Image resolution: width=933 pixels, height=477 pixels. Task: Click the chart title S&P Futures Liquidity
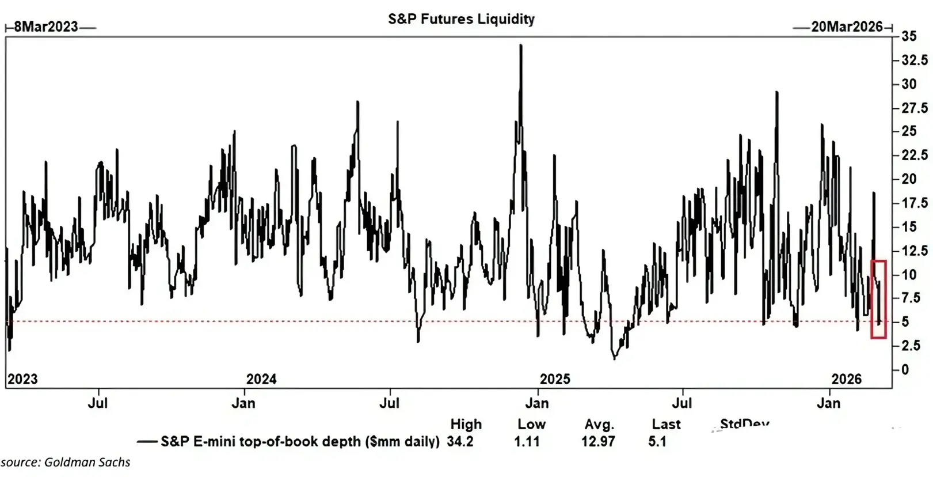pos(461,19)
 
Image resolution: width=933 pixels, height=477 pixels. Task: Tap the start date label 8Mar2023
pos(46,27)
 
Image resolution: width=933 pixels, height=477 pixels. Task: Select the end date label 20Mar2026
pos(847,27)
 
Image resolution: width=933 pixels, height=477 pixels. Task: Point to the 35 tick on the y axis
pos(909,36)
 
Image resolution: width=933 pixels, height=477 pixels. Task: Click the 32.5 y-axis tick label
pos(915,60)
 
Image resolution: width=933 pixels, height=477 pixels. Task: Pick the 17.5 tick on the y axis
pos(915,203)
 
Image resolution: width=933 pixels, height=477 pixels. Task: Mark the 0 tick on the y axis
pos(905,370)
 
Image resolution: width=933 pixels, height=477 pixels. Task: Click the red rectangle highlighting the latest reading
pos(878,299)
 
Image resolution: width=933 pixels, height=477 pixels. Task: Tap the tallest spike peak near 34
pos(521,46)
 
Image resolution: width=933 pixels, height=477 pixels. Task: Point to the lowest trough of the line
pos(614,359)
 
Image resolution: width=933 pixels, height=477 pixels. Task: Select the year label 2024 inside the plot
pos(261,379)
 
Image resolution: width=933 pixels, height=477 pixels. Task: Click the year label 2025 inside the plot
pos(555,379)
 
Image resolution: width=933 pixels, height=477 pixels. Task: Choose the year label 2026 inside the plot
pos(847,379)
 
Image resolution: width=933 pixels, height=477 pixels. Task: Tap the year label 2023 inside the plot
pos(22,379)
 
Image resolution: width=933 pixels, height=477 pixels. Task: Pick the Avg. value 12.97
pos(598,442)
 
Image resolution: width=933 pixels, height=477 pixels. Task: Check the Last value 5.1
pos(657,442)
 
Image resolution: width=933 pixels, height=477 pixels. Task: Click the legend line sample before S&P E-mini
pos(147,442)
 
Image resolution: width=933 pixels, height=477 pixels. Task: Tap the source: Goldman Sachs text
pos(65,462)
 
